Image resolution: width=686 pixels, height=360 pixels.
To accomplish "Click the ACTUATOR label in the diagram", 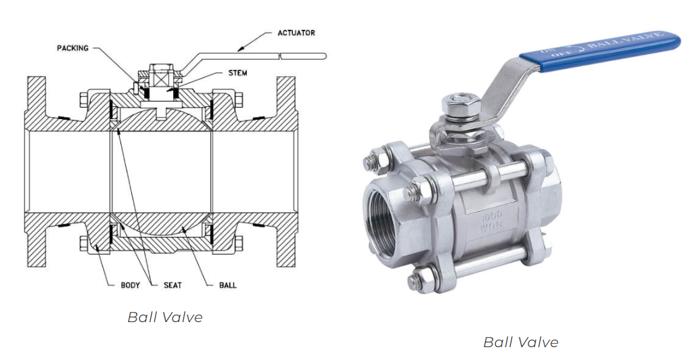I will click(x=296, y=32).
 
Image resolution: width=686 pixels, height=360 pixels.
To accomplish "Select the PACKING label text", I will click(x=72, y=48).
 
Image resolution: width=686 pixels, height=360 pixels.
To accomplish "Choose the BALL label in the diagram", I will click(x=228, y=285).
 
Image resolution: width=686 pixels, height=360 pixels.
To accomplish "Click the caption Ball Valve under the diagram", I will click(x=165, y=317).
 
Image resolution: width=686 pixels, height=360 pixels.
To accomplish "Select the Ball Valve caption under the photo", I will click(x=520, y=342).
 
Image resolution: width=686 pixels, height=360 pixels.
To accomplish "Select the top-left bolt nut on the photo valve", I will click(x=370, y=162).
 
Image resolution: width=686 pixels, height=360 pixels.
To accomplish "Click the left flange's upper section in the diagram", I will click(x=37, y=102).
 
